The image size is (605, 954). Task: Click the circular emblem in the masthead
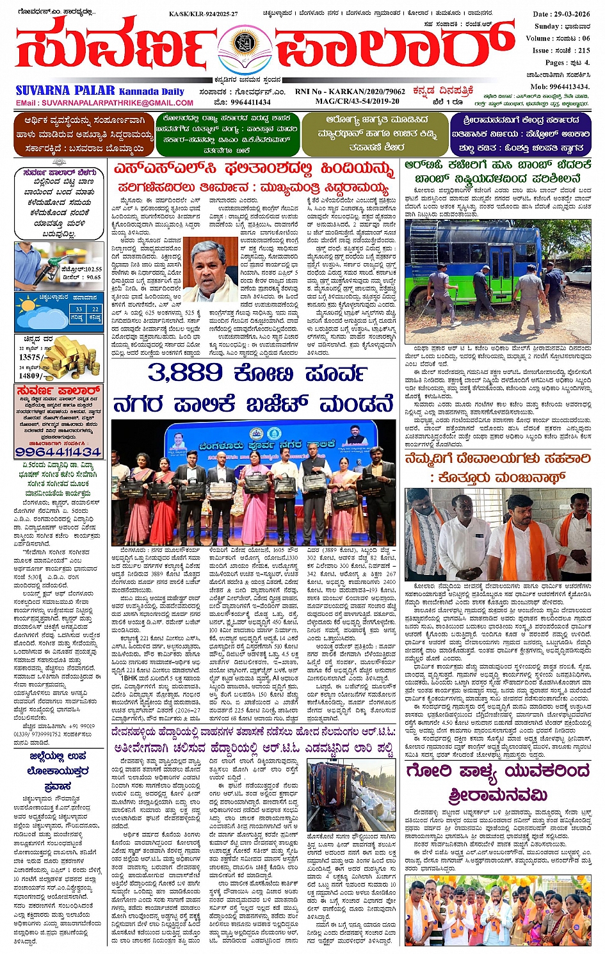[243, 44]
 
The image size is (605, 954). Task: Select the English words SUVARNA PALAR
[66, 90]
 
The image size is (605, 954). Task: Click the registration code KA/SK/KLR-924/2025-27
[203, 13]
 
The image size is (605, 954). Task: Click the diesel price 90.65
[93, 277]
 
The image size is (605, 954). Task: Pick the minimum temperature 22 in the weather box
[94, 309]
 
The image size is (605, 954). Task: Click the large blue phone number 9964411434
[58, 451]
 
